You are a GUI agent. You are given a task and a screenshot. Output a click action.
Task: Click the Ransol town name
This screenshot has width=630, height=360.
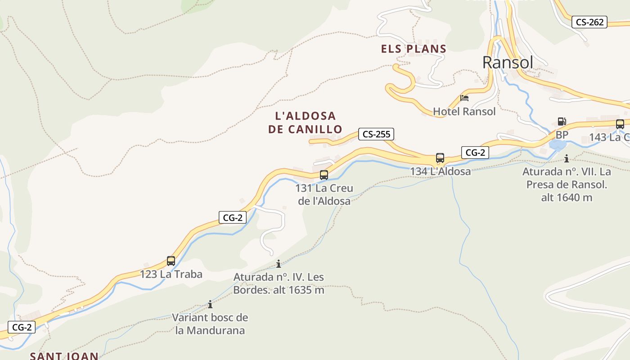point(508,63)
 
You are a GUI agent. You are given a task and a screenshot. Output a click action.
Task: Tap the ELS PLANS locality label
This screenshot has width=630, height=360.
point(414,49)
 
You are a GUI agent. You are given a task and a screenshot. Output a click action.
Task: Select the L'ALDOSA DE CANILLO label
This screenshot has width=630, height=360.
point(305,122)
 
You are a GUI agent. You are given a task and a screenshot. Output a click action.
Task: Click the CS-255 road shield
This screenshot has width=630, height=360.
point(376,134)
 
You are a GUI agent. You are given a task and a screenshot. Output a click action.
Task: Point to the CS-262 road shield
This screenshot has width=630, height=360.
point(589,22)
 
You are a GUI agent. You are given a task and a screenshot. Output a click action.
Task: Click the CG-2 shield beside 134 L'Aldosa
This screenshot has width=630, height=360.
point(475,153)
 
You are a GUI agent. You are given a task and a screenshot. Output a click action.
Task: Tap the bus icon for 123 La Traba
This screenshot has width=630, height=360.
point(171,261)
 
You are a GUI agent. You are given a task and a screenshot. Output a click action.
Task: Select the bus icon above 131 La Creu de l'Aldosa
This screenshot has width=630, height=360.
point(324,175)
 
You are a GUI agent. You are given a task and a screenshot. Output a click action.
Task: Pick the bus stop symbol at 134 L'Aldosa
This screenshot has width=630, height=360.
point(440,158)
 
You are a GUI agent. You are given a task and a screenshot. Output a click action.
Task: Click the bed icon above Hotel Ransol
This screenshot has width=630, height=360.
point(464,98)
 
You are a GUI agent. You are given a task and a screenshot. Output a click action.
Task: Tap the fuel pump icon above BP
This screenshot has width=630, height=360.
point(562,121)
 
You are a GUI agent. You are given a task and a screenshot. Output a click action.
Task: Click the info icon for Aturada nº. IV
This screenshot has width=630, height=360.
point(279,264)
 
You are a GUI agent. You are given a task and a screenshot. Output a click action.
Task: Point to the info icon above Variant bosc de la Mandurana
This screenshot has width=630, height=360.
point(210,305)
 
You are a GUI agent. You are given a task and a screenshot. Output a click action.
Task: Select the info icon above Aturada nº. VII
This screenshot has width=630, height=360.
point(567,158)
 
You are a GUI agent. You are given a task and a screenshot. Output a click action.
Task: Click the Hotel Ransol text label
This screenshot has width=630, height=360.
point(464,111)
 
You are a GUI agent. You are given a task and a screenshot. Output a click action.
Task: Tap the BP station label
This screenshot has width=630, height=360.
point(562,135)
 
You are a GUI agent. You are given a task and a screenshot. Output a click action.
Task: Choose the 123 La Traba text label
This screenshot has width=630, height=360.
point(171,274)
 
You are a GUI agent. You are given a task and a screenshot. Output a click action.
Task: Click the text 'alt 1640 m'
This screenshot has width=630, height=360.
point(567,197)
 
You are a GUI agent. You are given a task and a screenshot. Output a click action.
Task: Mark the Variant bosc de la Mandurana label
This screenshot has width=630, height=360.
point(210,324)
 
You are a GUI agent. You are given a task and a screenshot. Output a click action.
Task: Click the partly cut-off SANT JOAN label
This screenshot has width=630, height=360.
point(64,356)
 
